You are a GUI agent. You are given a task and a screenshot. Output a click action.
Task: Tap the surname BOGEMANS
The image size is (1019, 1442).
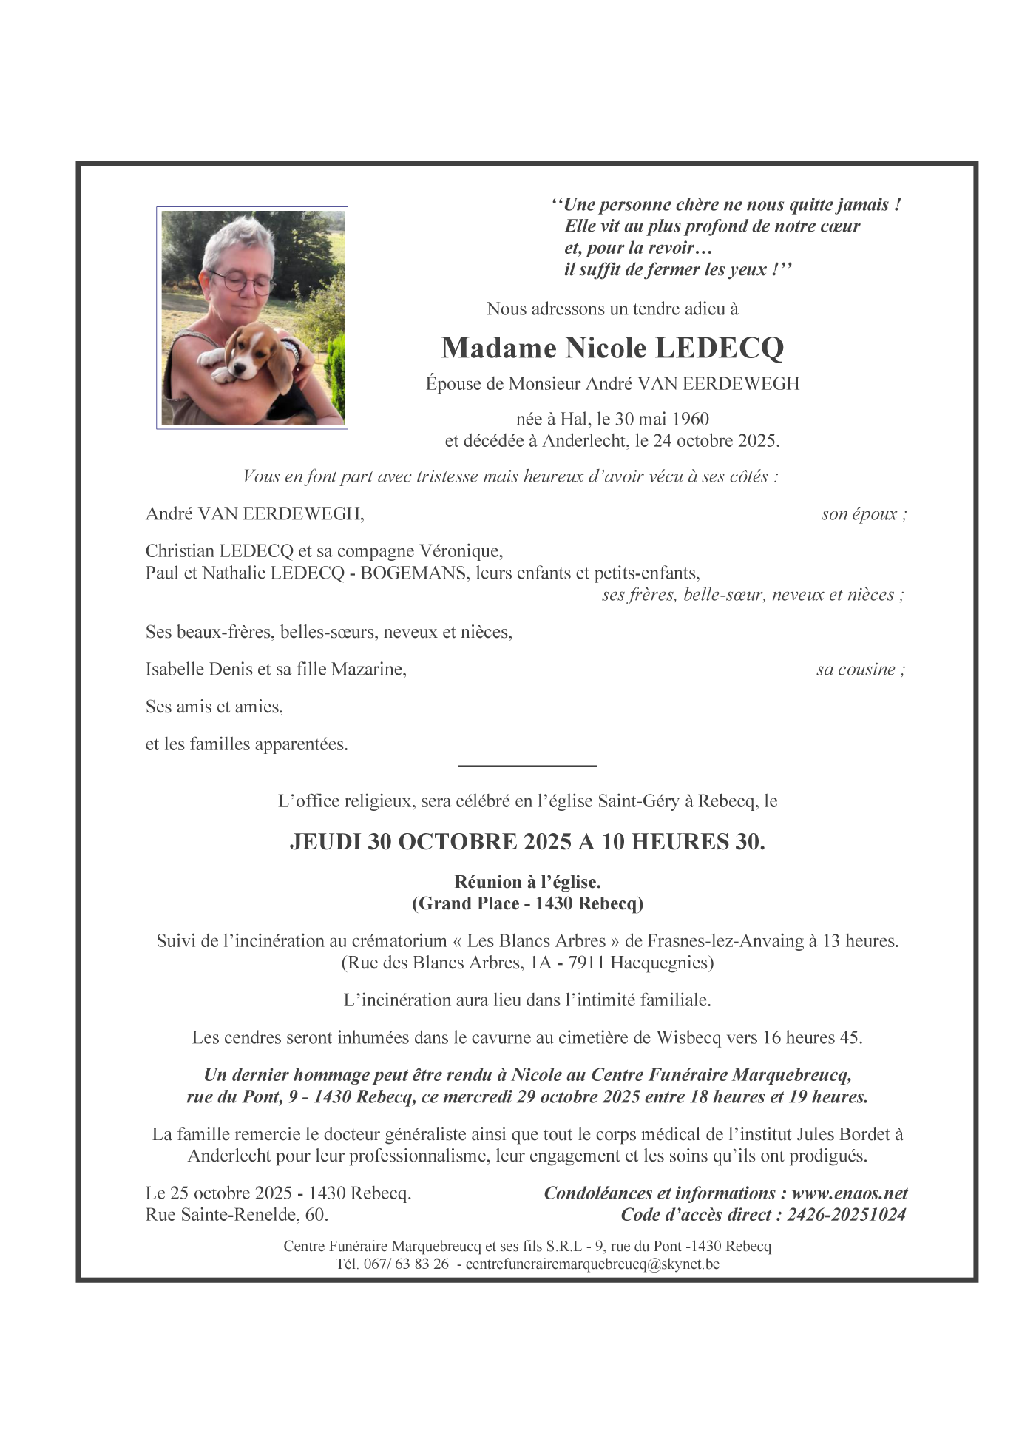[x=414, y=573]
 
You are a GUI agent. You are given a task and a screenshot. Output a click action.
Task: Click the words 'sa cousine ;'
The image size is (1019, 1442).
[x=860, y=670]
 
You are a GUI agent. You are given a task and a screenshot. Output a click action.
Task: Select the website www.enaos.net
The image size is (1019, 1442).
[x=849, y=1193]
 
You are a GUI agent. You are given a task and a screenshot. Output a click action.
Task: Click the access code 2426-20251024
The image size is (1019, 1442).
[x=846, y=1215]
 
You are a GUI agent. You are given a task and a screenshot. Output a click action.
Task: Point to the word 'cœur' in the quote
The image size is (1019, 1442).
[x=839, y=226]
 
